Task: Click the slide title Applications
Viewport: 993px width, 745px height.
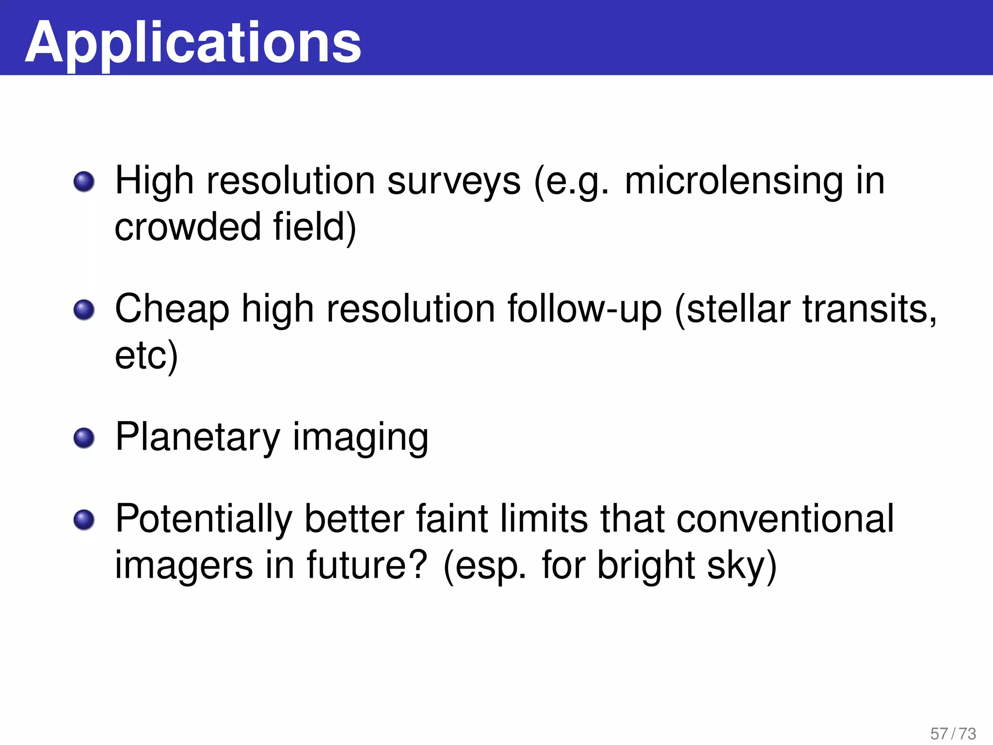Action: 193,43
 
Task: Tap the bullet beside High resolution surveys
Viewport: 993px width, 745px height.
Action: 84,182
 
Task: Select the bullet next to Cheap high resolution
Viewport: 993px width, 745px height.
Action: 84,310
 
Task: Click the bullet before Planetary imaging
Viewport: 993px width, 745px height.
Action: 84,438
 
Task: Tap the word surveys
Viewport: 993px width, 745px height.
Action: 454,181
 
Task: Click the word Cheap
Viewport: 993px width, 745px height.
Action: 172,309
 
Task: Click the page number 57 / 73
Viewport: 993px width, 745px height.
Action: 953,733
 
